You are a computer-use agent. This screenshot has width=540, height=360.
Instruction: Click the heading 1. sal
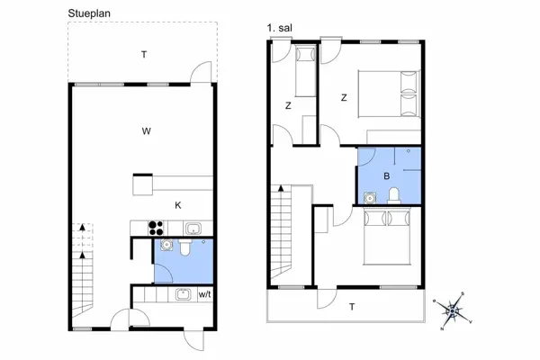click(x=281, y=30)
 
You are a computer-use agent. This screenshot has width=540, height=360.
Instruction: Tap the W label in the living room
click(x=145, y=131)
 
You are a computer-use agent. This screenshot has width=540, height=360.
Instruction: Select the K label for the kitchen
click(x=178, y=205)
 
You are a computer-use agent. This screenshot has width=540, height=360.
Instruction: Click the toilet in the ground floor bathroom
click(x=186, y=246)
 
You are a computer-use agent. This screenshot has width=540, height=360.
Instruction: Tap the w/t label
click(x=205, y=294)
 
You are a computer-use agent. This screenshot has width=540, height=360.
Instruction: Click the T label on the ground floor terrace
click(x=143, y=55)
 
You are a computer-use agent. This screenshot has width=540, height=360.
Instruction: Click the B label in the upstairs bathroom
click(x=386, y=175)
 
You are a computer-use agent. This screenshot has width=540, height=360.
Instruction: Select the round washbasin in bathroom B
click(x=368, y=196)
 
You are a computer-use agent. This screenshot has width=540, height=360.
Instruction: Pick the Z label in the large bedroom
click(x=343, y=98)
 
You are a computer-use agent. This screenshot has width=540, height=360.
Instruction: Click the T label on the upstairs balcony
click(x=352, y=307)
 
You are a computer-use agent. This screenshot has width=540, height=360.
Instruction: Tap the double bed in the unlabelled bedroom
click(x=388, y=237)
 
